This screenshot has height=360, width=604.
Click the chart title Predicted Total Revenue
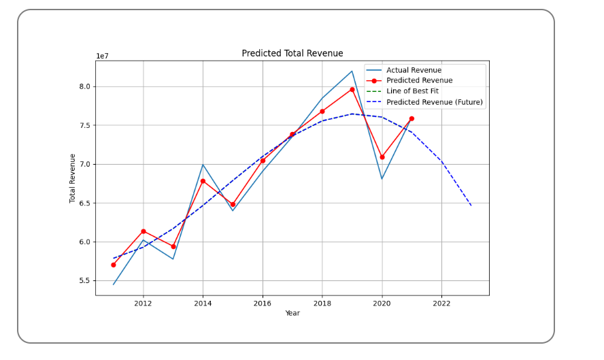[292, 53]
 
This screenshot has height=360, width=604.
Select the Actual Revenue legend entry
[414, 70]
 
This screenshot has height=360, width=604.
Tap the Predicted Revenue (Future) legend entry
[434, 102]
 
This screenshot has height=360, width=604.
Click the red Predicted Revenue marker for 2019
[352, 89]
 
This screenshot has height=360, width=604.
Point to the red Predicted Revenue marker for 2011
[114, 265]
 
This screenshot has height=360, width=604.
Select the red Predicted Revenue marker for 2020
[382, 157]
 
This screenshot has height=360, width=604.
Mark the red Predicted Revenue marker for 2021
[412, 118]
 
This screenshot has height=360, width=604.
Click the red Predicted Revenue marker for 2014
[203, 181]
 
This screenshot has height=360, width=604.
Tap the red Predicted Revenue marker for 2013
[173, 246]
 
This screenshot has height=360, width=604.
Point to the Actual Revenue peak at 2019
[352, 71]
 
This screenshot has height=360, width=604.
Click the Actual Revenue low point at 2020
[382, 179]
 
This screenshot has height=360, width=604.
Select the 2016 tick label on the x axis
[263, 304]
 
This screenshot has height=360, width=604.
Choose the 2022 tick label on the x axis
[441, 304]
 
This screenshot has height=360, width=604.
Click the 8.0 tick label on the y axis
[84, 86]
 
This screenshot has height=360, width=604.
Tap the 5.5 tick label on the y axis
[84, 280]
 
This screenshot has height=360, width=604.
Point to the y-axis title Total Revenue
[73, 178]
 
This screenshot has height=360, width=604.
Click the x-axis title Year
[292, 313]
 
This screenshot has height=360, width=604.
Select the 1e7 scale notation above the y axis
[102, 56]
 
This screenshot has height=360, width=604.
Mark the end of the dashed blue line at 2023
[471, 206]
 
